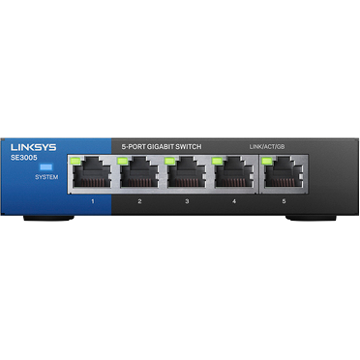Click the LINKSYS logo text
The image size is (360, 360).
[x=33, y=146]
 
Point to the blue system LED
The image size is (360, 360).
[x=45, y=166]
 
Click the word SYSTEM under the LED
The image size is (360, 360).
[x=45, y=178]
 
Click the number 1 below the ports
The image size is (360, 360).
[x=92, y=201]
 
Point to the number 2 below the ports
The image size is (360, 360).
[x=139, y=201]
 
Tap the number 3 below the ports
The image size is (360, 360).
[x=187, y=201]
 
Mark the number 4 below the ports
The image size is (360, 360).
[x=234, y=201]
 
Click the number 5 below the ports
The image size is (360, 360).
[x=282, y=201]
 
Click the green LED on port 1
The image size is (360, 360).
[x=76, y=159]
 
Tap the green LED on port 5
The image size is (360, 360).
[x=265, y=159]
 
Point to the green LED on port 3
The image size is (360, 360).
[x=171, y=159]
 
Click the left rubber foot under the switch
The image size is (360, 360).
[x=48, y=219]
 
